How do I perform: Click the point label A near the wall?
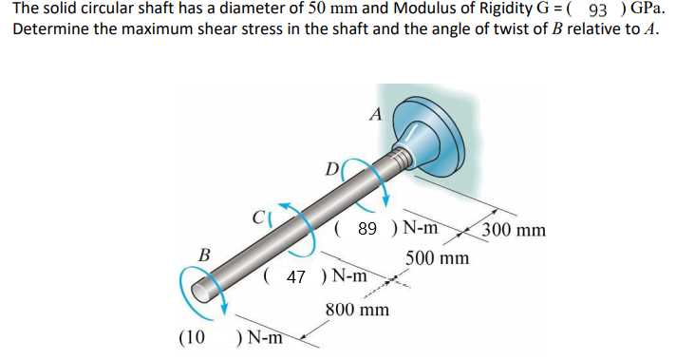375,115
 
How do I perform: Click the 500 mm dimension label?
437,258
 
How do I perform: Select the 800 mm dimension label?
357,310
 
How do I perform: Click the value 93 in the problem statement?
599,10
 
